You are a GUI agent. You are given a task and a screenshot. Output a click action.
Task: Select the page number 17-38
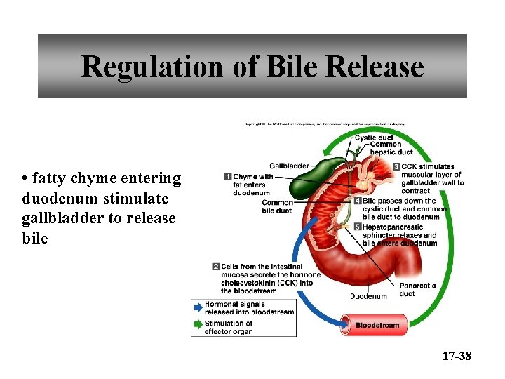[457, 357]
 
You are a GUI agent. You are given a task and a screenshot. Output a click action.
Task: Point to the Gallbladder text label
[289, 166]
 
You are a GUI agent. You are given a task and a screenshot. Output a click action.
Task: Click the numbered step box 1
[228, 176]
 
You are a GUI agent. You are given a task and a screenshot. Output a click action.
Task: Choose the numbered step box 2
[216, 267]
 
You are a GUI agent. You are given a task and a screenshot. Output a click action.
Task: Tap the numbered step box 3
[396, 167]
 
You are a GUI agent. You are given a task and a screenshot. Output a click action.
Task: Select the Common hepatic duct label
[391, 148]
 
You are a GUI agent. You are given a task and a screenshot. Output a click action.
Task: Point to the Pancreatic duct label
[417, 289]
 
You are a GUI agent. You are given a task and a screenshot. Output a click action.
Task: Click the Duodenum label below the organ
[368, 296]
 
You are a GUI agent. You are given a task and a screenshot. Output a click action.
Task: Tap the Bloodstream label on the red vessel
[377, 325]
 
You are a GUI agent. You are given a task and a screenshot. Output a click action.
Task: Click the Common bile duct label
[276, 206]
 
